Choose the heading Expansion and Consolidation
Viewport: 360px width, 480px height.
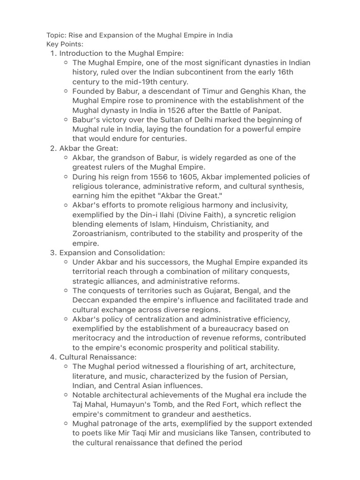(x=112, y=253)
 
